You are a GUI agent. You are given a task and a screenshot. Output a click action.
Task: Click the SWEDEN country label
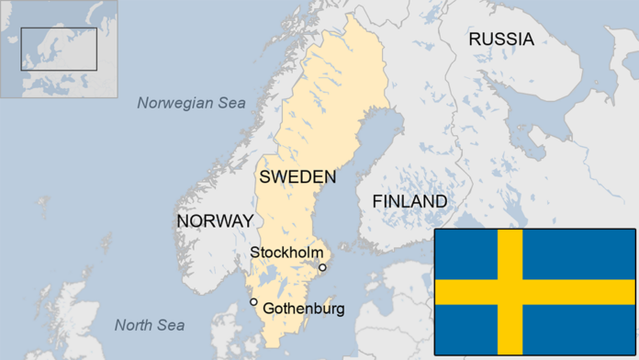[x=297, y=176]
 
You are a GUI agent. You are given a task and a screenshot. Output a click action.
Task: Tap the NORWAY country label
[x=214, y=221]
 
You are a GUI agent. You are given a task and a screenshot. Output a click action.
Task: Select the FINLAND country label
[x=409, y=201]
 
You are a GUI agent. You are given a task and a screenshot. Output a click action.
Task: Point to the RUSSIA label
[x=500, y=39]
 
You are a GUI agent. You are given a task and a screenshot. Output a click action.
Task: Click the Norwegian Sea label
[x=191, y=103]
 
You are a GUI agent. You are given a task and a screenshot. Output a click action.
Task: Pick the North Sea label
[x=149, y=325]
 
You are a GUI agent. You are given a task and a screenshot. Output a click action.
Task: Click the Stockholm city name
[x=286, y=252]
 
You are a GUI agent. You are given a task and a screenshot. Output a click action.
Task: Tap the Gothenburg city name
[x=304, y=309]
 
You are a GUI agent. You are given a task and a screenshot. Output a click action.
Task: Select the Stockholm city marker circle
[x=322, y=268]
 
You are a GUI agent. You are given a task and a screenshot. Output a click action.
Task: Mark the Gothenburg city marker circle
[x=253, y=302]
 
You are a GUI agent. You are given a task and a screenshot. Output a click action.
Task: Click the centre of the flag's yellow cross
[x=510, y=292]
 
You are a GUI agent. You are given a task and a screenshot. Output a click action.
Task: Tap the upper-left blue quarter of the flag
[x=465, y=254]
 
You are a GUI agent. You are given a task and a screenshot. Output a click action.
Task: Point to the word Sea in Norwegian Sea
[x=230, y=103]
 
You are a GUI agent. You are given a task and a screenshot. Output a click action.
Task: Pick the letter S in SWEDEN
[x=265, y=176]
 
